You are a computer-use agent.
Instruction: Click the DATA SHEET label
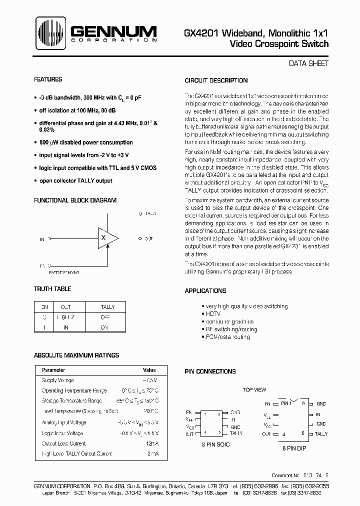click(x=308, y=63)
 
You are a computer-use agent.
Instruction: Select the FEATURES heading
click(x=48, y=79)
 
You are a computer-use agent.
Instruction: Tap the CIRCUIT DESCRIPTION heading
click(x=216, y=80)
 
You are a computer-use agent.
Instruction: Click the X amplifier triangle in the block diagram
click(x=107, y=237)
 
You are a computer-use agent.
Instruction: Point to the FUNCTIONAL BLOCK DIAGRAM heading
click(x=75, y=200)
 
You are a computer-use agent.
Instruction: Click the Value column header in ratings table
click(x=149, y=370)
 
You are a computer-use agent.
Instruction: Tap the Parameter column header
click(x=53, y=370)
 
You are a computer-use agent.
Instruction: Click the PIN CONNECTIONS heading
click(x=210, y=371)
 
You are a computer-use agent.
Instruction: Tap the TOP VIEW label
click(x=254, y=389)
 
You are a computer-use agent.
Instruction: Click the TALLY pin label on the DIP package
click(x=321, y=433)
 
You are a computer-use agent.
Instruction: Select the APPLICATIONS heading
click(x=205, y=290)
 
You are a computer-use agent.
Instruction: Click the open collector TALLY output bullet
click(x=75, y=180)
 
